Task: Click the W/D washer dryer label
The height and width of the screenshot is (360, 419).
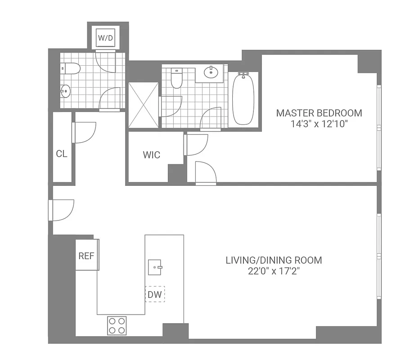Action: (x=105, y=38)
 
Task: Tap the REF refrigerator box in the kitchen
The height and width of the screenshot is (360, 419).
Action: (x=86, y=256)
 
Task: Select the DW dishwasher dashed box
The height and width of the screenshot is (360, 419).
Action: (x=154, y=295)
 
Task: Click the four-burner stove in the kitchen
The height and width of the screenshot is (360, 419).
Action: (x=117, y=325)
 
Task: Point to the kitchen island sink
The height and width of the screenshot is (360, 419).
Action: (x=155, y=267)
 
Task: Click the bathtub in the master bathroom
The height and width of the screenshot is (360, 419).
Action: (x=243, y=99)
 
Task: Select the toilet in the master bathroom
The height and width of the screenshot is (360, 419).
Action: (x=176, y=79)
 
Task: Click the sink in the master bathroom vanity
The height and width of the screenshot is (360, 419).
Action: (x=210, y=72)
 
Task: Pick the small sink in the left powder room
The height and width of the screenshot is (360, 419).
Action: (x=66, y=91)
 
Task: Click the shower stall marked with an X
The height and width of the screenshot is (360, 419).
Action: (x=143, y=105)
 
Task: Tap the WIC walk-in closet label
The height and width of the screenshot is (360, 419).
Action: (x=151, y=155)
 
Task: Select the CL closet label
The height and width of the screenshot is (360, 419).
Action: (x=62, y=154)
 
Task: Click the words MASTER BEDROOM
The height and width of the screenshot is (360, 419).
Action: (x=319, y=113)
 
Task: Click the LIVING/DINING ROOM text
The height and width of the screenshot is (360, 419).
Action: (x=274, y=260)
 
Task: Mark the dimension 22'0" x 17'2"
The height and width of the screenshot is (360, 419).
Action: (x=274, y=271)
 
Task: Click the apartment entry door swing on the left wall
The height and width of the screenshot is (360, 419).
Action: (x=62, y=210)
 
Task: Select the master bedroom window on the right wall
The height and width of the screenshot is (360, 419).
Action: (x=379, y=130)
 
